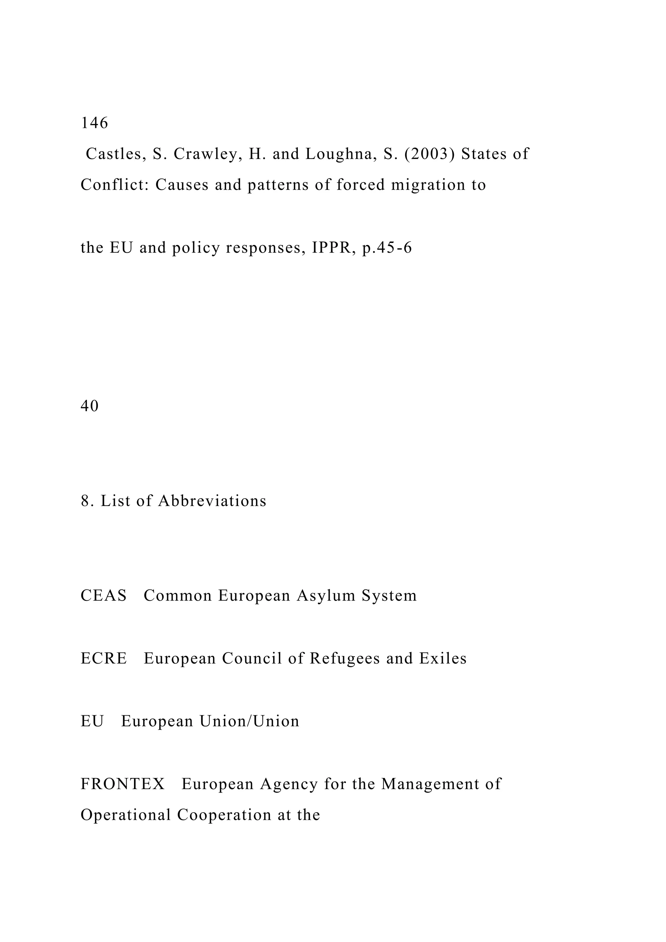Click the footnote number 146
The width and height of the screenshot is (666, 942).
click(x=94, y=123)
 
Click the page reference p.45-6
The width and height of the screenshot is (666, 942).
click(x=387, y=248)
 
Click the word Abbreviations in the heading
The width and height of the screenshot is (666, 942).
click(x=212, y=501)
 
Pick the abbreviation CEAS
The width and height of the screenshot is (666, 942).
click(x=104, y=596)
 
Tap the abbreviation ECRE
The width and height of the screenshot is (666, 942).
click(x=104, y=658)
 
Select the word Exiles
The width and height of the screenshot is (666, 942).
click(x=443, y=658)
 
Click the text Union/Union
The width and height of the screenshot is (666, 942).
click(x=249, y=721)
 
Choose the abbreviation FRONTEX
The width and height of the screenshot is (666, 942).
click(x=123, y=784)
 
